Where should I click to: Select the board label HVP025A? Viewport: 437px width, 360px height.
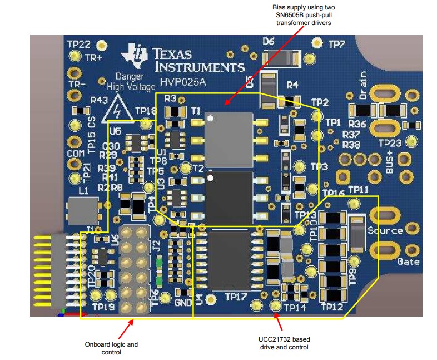click(x=180, y=81)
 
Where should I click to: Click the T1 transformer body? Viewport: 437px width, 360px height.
click(x=229, y=137)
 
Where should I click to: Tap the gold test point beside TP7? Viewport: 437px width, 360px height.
click(x=317, y=43)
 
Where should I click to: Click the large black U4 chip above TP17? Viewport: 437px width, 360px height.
click(x=231, y=259)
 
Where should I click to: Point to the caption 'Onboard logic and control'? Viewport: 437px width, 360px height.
click(x=111, y=348)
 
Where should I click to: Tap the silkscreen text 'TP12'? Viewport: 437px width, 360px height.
click(x=331, y=307)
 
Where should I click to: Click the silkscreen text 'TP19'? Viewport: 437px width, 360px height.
click(x=104, y=306)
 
